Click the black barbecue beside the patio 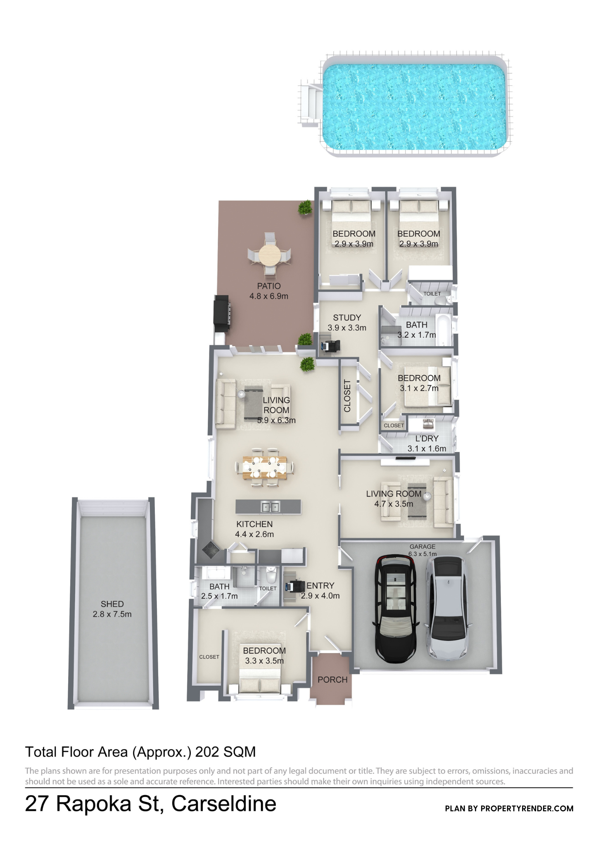(221, 313)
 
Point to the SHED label (112, 604)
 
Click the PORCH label (332, 680)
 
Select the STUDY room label (347, 318)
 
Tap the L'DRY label (427, 438)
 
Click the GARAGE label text (422, 547)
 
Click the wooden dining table (265, 467)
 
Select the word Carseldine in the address (224, 803)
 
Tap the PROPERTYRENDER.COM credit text (527, 808)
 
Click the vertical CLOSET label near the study (347, 396)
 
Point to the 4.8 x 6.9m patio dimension (269, 296)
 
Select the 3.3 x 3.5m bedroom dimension (264, 661)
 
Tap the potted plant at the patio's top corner (305, 207)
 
